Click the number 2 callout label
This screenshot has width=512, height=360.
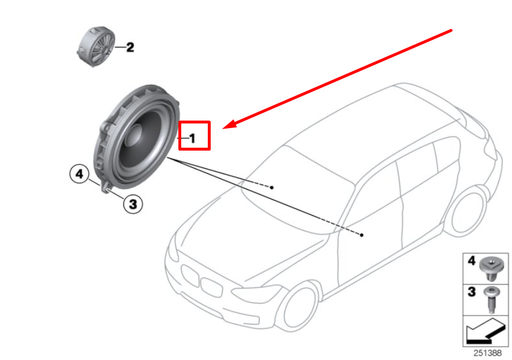click(x=130, y=47)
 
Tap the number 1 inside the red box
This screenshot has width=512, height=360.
click(x=192, y=138)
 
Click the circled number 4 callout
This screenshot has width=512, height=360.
click(x=79, y=173)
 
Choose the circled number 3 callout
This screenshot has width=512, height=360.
click(x=132, y=203)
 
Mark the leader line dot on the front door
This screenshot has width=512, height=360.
click(x=362, y=235)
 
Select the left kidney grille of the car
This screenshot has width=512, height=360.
click(x=190, y=276)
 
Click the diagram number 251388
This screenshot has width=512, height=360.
click(x=488, y=352)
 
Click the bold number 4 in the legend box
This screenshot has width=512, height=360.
click(x=472, y=261)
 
